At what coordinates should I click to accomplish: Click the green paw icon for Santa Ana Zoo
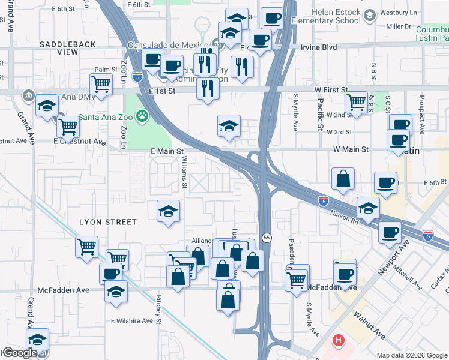pyautogui.click(x=142, y=115)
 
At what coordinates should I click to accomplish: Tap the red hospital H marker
pyautogui.click(x=339, y=341)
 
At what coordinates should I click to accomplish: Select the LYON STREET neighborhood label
pyautogui.click(x=109, y=222)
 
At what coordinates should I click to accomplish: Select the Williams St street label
pyautogui.click(x=185, y=170)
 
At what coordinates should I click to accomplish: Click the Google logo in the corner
pyautogui.click(x=19, y=353)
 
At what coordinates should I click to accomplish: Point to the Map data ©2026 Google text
pyautogui.click(x=411, y=355)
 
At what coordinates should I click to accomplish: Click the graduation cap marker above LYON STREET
pyautogui.click(x=169, y=211)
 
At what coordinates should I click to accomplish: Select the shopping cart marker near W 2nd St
pyautogui.click(x=357, y=103)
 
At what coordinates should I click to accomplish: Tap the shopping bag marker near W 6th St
pyautogui.click(x=343, y=179)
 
